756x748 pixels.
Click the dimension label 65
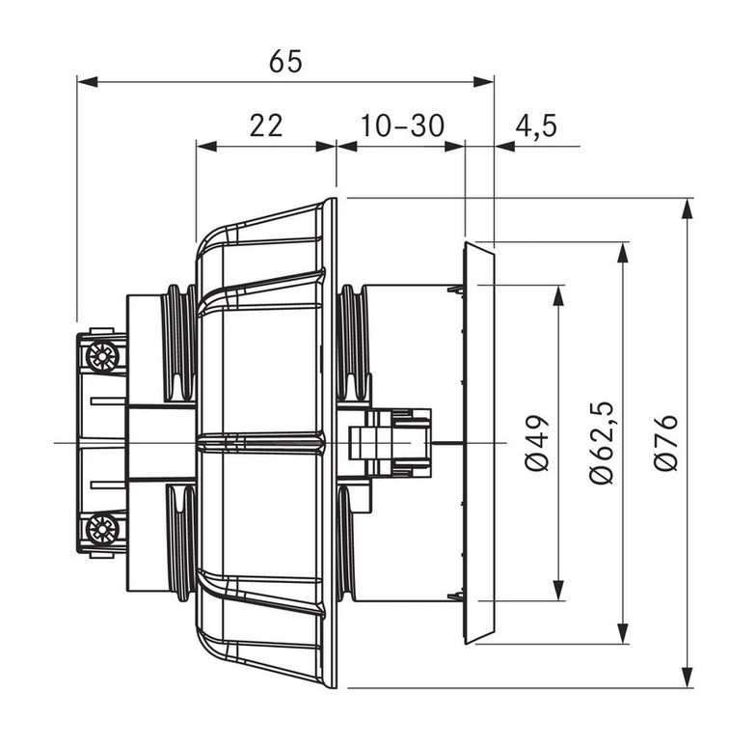[x=285, y=62]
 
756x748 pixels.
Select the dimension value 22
[x=266, y=125]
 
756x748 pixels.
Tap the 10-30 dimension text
[x=402, y=125]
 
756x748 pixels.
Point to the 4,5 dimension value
[x=536, y=126]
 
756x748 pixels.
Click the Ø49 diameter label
[x=537, y=442]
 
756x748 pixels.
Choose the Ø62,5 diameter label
[x=602, y=442]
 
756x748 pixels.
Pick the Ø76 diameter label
[x=665, y=442]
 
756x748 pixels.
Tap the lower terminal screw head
[x=102, y=529]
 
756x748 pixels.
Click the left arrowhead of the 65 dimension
[x=87, y=81]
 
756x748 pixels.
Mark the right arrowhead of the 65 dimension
[x=484, y=81]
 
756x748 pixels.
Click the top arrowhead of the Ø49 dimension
[x=558, y=295]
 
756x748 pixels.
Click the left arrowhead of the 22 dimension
[x=206, y=146]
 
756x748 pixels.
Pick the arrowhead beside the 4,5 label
[x=505, y=146]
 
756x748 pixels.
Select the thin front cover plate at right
[x=478, y=442]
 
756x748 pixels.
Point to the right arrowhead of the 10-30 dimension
[x=454, y=146]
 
